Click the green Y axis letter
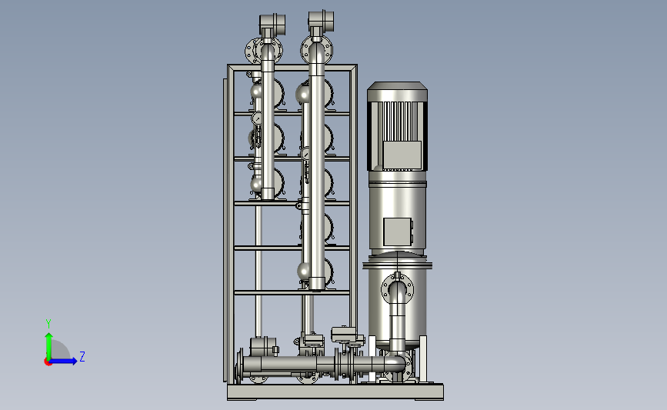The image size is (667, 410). (48, 324)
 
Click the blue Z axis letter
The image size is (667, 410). (82, 356)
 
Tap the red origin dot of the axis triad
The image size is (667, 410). (48, 362)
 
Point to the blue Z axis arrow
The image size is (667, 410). (64, 361)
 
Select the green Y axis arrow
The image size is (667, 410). (48, 346)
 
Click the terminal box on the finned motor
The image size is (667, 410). (402, 155)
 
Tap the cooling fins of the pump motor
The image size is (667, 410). (397, 121)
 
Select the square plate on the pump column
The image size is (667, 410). (398, 232)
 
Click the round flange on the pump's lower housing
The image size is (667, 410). (397, 288)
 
